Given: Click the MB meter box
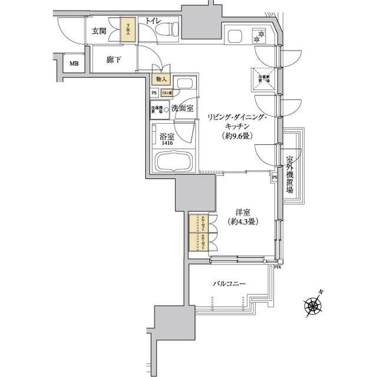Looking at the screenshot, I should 74,64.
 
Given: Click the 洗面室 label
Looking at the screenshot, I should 183,108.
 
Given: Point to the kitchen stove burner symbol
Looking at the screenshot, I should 258,37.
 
